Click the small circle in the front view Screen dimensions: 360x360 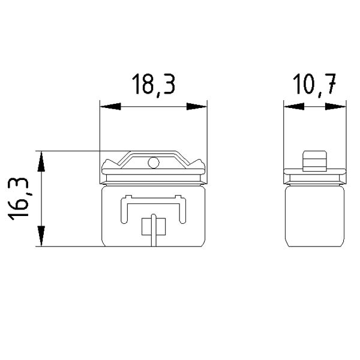coord(153,161)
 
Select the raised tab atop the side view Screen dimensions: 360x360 coord(314,160)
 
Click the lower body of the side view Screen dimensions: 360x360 coord(314,216)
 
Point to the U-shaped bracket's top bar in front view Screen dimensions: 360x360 coord(153,197)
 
